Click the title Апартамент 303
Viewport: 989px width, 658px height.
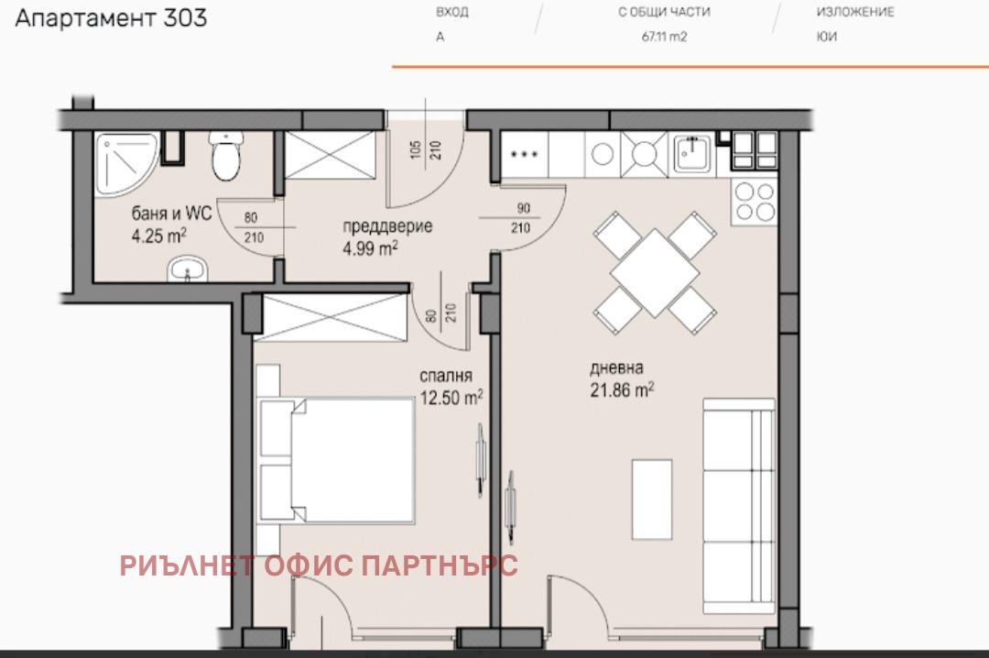click(111, 18)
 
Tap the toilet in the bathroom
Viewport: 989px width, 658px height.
click(225, 156)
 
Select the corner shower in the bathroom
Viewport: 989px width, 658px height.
click(125, 162)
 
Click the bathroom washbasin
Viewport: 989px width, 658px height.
click(188, 269)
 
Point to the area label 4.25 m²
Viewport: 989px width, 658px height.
click(159, 236)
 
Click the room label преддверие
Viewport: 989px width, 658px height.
click(387, 226)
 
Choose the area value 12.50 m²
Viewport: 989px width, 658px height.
click(451, 397)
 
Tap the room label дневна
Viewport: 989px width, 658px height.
click(616, 367)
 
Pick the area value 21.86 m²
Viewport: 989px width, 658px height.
click(622, 389)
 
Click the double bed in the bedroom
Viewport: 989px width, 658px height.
click(337, 460)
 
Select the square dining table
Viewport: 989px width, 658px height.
click(655, 273)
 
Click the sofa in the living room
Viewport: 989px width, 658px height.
click(739, 506)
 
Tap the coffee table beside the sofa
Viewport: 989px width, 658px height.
click(652, 499)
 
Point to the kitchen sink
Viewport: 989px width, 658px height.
click(692, 153)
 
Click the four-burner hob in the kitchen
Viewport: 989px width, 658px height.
click(755, 202)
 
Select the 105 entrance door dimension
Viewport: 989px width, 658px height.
click(415, 149)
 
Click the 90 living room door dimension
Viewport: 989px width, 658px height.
click(524, 208)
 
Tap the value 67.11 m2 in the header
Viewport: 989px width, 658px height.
click(664, 37)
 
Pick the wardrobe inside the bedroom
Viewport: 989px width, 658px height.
click(332, 317)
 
